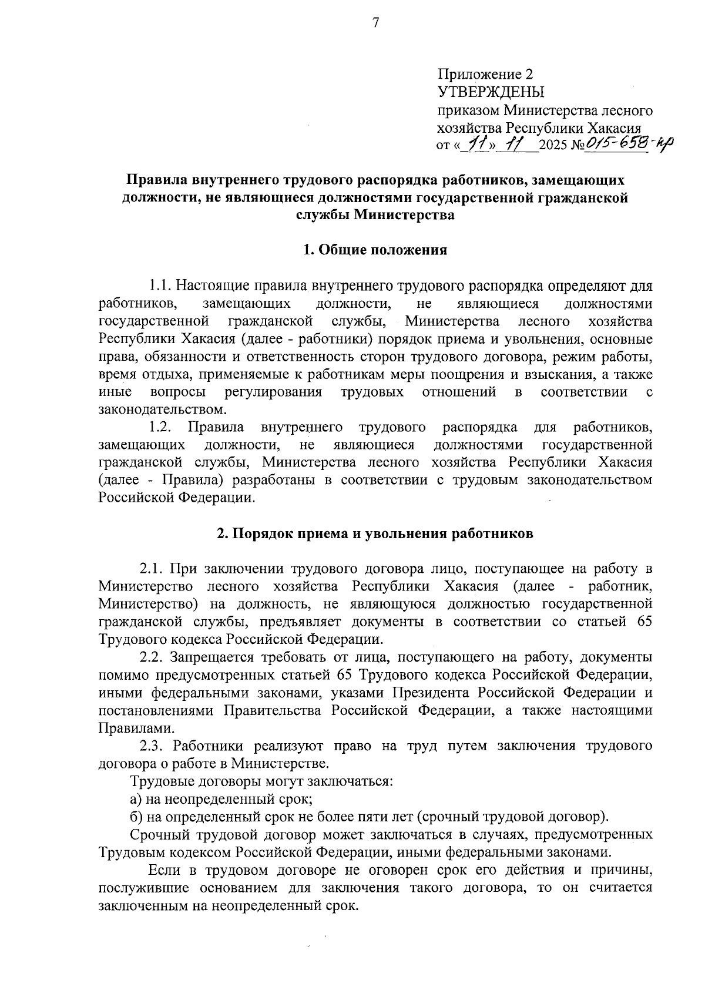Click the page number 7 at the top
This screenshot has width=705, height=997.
coord(376,22)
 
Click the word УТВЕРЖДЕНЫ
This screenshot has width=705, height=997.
coord(491,92)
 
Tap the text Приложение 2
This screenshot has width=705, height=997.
coord(485,74)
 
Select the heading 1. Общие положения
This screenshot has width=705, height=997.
coord(375,250)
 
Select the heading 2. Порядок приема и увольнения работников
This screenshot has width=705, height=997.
coord(375,533)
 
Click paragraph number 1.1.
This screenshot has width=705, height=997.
coord(160,286)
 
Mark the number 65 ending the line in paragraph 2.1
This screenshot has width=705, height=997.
coord(644,622)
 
